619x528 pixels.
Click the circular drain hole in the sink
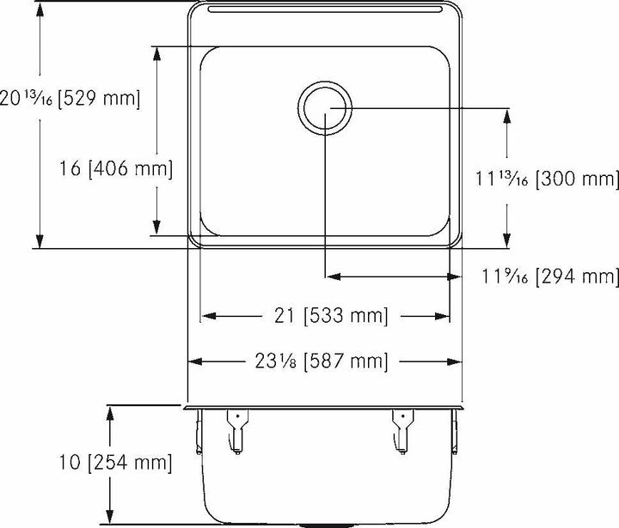coord(325,106)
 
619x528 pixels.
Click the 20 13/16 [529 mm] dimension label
coord(70,99)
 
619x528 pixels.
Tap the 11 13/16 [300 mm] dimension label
coord(546,179)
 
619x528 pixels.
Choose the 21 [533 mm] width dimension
coord(325,317)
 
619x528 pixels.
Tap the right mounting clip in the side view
coord(401,431)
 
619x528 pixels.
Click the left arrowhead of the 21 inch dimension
coord(206,317)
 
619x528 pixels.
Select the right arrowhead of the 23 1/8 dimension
coord(456,361)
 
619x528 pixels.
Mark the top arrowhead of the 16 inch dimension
coord(156,53)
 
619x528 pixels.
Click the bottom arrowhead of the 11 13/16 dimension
coord(506,241)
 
